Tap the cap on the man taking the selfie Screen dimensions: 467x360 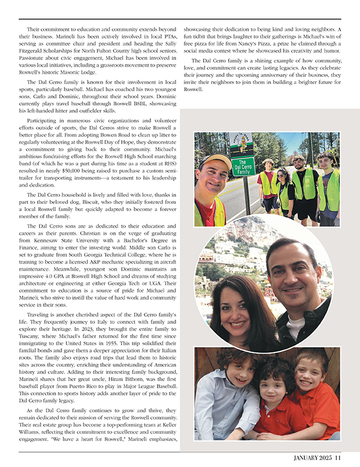tap(214, 161)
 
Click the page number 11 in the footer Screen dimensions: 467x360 tap(337, 457)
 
